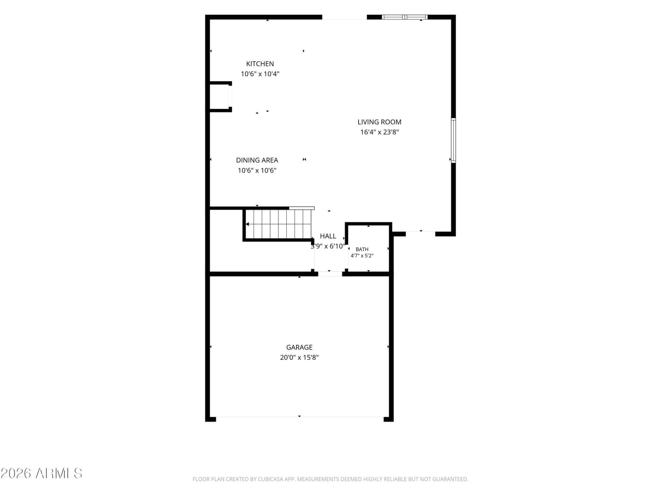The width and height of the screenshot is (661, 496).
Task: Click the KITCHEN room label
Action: click(260, 64)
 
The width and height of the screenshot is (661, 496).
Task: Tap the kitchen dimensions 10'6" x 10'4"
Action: click(260, 74)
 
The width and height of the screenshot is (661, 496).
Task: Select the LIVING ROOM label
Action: click(379, 122)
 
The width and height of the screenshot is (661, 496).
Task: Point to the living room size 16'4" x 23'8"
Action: click(379, 132)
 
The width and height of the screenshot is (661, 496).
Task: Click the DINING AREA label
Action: click(257, 160)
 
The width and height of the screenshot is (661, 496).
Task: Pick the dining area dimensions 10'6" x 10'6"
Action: click(257, 170)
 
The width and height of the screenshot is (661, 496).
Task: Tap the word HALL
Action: click(328, 236)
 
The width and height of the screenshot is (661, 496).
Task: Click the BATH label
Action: click(361, 249)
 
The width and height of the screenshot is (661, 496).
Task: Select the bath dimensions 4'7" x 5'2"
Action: click(361, 256)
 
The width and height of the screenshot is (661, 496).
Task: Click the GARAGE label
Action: click(299, 347)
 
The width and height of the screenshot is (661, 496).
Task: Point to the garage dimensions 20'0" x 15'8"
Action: click(299, 358)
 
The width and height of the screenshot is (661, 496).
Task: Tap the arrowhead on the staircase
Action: click(247, 224)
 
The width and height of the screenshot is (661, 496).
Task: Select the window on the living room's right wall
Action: click(453, 141)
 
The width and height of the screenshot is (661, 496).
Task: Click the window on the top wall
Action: click(404, 17)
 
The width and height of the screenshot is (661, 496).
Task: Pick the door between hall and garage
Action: click(330, 274)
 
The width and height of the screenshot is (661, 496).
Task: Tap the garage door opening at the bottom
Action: click(300, 417)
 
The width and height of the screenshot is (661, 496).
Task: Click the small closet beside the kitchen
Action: click(219, 97)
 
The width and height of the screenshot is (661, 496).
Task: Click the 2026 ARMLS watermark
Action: click(41, 473)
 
